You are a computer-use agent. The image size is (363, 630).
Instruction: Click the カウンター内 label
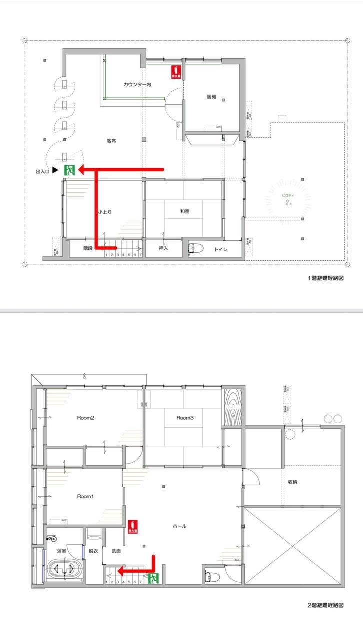(x=137, y=85)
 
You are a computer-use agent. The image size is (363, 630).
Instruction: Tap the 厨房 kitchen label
(x=211, y=97)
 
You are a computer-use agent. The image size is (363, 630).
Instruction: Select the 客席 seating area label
(x=111, y=141)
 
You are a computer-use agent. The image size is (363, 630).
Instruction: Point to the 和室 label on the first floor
(x=185, y=211)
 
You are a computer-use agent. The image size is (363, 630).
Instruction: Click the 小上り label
(x=105, y=212)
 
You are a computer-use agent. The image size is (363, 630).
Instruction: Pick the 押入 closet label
(x=164, y=248)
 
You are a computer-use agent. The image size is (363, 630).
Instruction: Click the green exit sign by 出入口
(x=70, y=170)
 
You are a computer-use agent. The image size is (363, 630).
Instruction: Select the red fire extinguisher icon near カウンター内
(x=175, y=72)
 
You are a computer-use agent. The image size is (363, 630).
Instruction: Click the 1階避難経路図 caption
(x=326, y=278)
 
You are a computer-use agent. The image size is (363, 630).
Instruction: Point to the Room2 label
(x=85, y=418)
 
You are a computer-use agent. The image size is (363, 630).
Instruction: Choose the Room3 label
(x=185, y=418)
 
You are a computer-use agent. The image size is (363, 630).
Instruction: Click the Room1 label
(x=85, y=496)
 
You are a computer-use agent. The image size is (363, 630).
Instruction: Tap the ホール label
(x=179, y=526)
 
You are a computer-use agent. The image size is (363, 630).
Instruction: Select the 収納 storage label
(x=293, y=482)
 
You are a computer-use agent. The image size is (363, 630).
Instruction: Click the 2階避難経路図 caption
(x=326, y=605)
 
